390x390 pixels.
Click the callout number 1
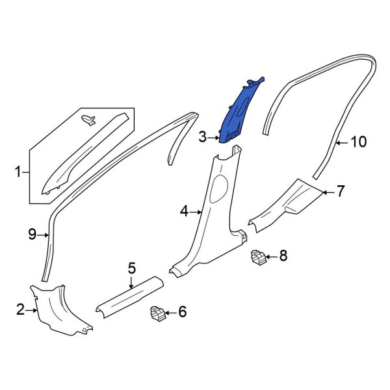[x=18, y=172]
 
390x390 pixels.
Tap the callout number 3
[x=203, y=137]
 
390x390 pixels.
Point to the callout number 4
[x=184, y=211]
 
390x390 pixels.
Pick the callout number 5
[x=131, y=267]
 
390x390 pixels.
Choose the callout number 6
[x=182, y=313]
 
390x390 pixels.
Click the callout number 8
[x=283, y=256]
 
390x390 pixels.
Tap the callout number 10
[x=359, y=142]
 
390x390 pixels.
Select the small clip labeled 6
[x=157, y=313]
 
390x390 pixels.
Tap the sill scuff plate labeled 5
[x=129, y=296]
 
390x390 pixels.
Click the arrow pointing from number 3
[x=216, y=137]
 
